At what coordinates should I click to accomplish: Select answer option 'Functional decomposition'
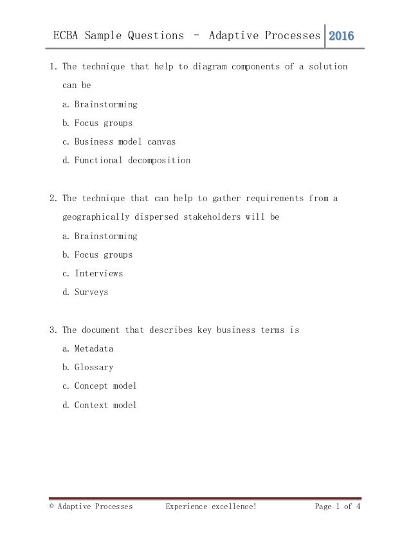click(x=132, y=160)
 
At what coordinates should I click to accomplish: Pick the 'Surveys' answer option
click(x=91, y=292)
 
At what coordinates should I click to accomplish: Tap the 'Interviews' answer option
click(x=98, y=273)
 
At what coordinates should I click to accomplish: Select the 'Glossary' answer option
click(x=93, y=367)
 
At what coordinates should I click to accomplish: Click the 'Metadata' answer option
click(x=93, y=348)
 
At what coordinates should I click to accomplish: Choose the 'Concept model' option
click(x=105, y=386)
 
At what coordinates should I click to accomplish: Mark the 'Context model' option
click(x=105, y=405)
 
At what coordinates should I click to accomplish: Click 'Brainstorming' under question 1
click(x=105, y=104)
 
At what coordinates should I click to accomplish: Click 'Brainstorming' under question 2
click(x=105, y=236)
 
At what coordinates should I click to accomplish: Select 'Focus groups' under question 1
click(x=103, y=123)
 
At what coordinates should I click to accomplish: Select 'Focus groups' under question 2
click(x=103, y=255)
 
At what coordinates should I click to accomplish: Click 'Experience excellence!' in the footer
click(x=211, y=507)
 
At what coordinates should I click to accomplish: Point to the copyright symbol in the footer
click(x=51, y=507)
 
